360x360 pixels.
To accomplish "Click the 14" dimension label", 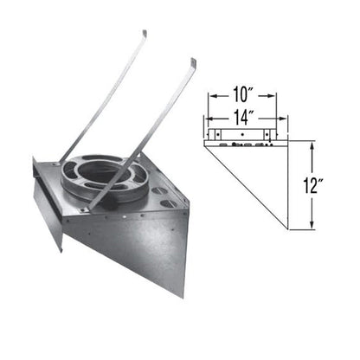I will tap(241, 112).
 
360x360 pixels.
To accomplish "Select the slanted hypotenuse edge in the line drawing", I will tap(247, 186).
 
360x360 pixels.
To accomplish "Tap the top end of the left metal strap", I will tap(144, 34).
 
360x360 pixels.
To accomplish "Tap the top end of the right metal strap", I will tap(193, 61).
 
